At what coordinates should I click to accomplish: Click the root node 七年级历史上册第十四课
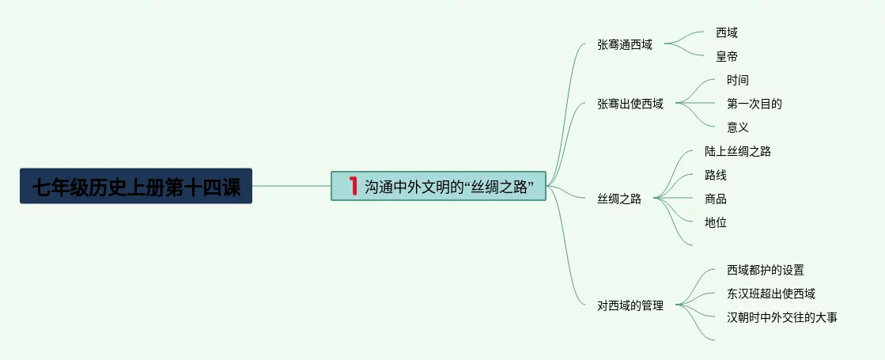(136, 186)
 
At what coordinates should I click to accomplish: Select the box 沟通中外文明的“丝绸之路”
(439, 186)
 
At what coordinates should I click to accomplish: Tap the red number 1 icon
(353, 186)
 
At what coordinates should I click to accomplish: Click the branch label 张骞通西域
(625, 45)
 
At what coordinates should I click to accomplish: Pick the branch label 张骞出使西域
(630, 104)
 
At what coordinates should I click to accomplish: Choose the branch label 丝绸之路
(619, 199)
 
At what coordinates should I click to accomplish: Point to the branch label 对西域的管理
(630, 305)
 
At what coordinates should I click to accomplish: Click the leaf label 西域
(727, 33)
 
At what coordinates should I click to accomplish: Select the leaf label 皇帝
(727, 57)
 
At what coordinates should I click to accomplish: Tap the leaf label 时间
(738, 81)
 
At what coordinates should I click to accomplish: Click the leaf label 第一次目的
(755, 104)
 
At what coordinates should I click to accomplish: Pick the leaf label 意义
(738, 127)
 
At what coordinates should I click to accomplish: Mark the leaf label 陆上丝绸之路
(738, 152)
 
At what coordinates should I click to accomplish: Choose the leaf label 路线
(716, 176)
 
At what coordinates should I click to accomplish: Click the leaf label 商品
(716, 199)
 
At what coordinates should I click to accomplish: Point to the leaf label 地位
(716, 222)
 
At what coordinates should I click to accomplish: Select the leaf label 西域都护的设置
(766, 271)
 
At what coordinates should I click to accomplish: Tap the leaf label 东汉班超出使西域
(771, 294)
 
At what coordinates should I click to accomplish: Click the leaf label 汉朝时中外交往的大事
(782, 318)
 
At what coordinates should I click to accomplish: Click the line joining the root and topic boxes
(291, 186)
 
